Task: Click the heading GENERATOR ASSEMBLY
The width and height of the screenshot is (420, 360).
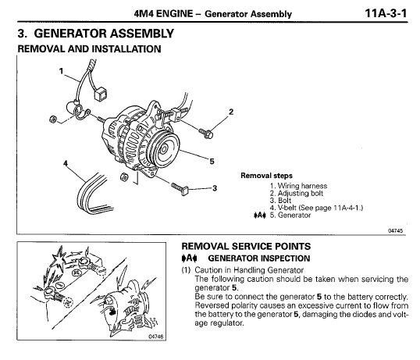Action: tap(100, 34)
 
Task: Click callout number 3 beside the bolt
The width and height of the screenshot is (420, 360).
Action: tap(214, 187)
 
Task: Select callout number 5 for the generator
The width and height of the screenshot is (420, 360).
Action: tap(212, 161)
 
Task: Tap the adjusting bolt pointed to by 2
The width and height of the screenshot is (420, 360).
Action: tap(207, 133)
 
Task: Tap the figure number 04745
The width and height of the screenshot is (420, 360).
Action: tap(397, 229)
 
